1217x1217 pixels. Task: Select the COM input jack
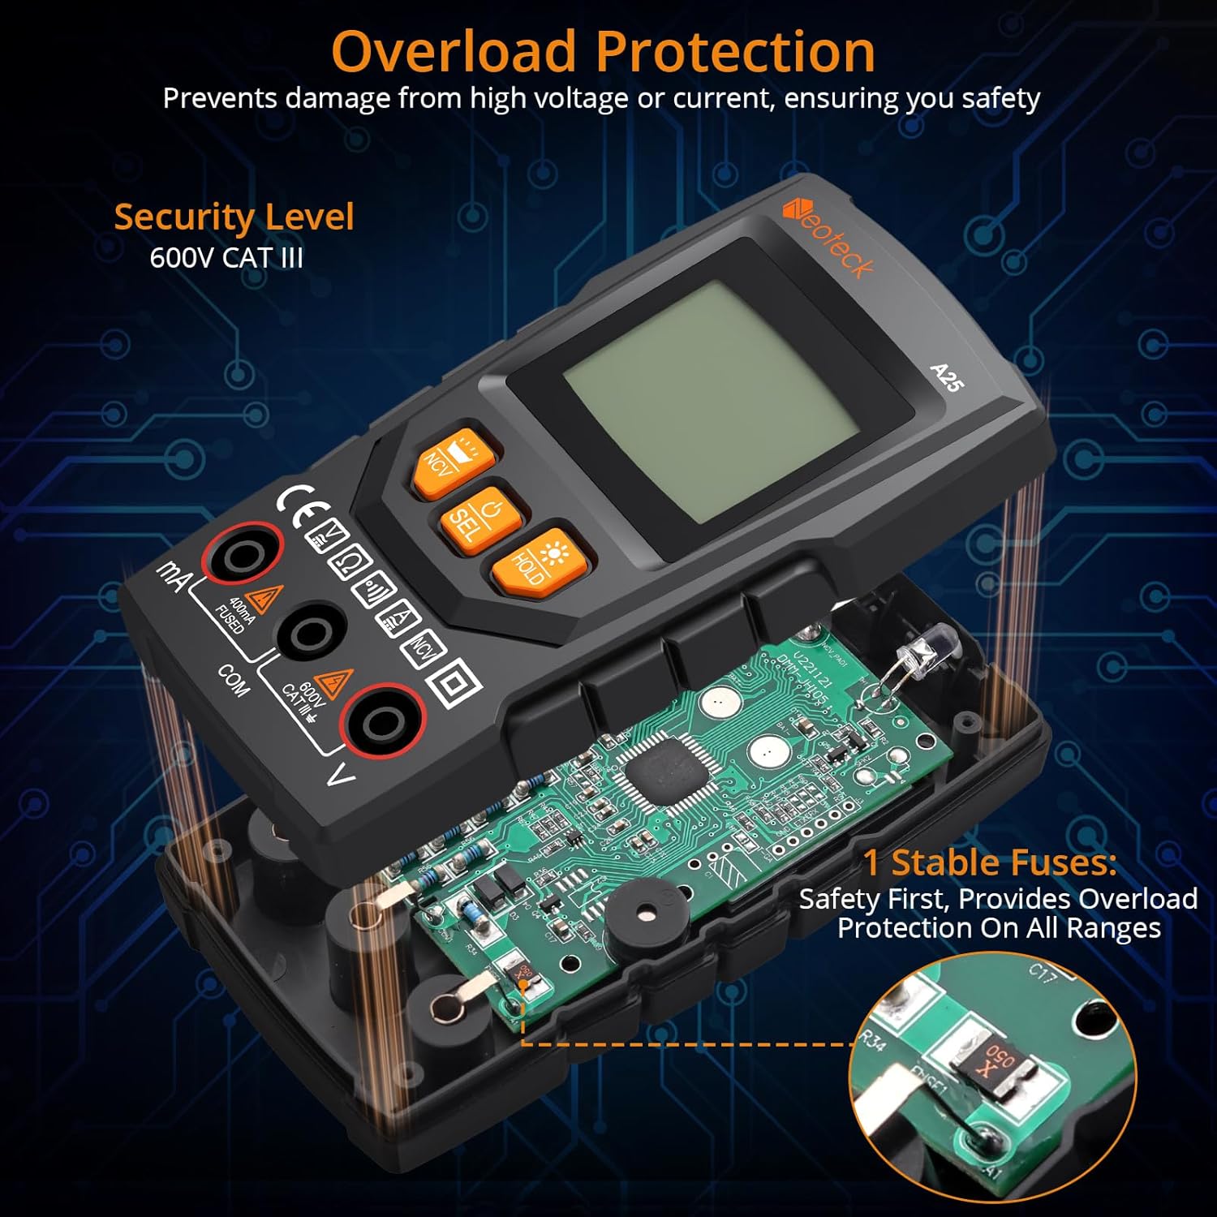coord(310,631)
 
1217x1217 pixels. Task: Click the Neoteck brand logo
coord(828,240)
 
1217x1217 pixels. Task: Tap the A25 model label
coord(946,377)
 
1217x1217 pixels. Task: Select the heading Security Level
coord(234,217)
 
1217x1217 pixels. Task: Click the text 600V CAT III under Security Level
coord(226,258)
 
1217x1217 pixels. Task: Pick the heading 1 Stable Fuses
coord(989,862)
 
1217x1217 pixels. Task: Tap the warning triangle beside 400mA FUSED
coord(262,599)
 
